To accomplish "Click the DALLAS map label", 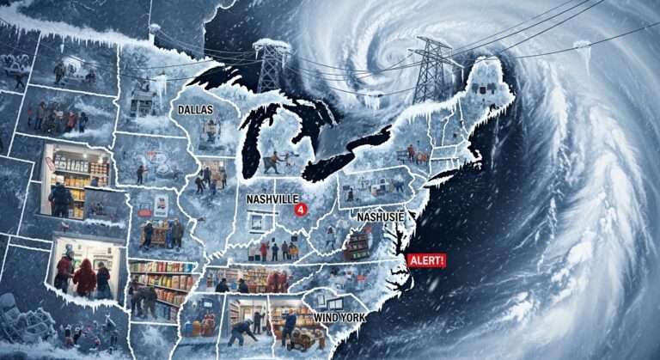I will tap(197, 110).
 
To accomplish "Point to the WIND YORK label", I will tap(340, 318).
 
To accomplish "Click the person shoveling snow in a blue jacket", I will tap(244, 332).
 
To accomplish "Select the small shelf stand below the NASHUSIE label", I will tap(357, 245).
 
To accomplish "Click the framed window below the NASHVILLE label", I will tap(256, 223).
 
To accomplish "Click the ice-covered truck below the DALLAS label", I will tap(209, 131).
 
